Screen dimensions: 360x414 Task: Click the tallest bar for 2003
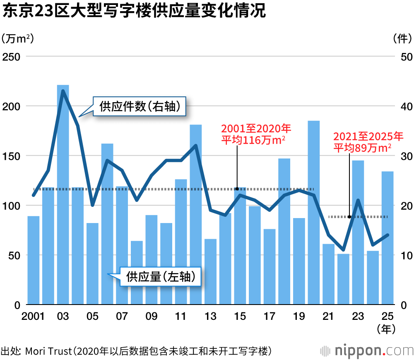[63, 194]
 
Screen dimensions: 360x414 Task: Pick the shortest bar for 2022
[343, 279]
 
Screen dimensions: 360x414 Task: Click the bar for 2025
[388, 238]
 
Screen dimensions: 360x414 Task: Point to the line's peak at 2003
[63, 91]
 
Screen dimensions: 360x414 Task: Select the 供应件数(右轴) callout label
[140, 107]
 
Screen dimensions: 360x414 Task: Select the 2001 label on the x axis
[33, 317]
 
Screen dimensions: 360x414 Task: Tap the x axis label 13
[210, 317]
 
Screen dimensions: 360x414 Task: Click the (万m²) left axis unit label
[17, 38]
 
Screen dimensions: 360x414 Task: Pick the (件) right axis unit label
[400, 38]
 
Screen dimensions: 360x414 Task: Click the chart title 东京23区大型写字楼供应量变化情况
[133, 11]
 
